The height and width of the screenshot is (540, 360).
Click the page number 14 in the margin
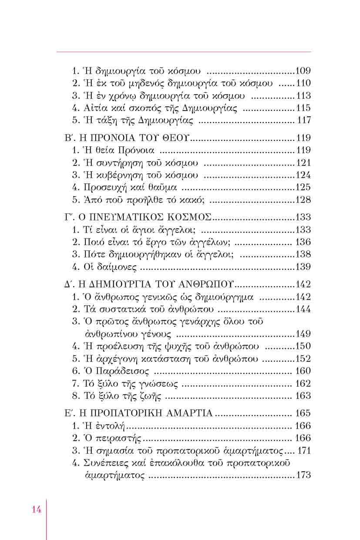[x=37, y=510]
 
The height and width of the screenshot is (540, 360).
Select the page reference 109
[x=303, y=71]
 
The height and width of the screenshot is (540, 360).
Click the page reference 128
[x=303, y=200]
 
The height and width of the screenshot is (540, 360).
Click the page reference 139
[x=303, y=267]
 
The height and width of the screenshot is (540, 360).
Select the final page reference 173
[x=303, y=475]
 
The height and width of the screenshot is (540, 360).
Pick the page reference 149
[x=303, y=334]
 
